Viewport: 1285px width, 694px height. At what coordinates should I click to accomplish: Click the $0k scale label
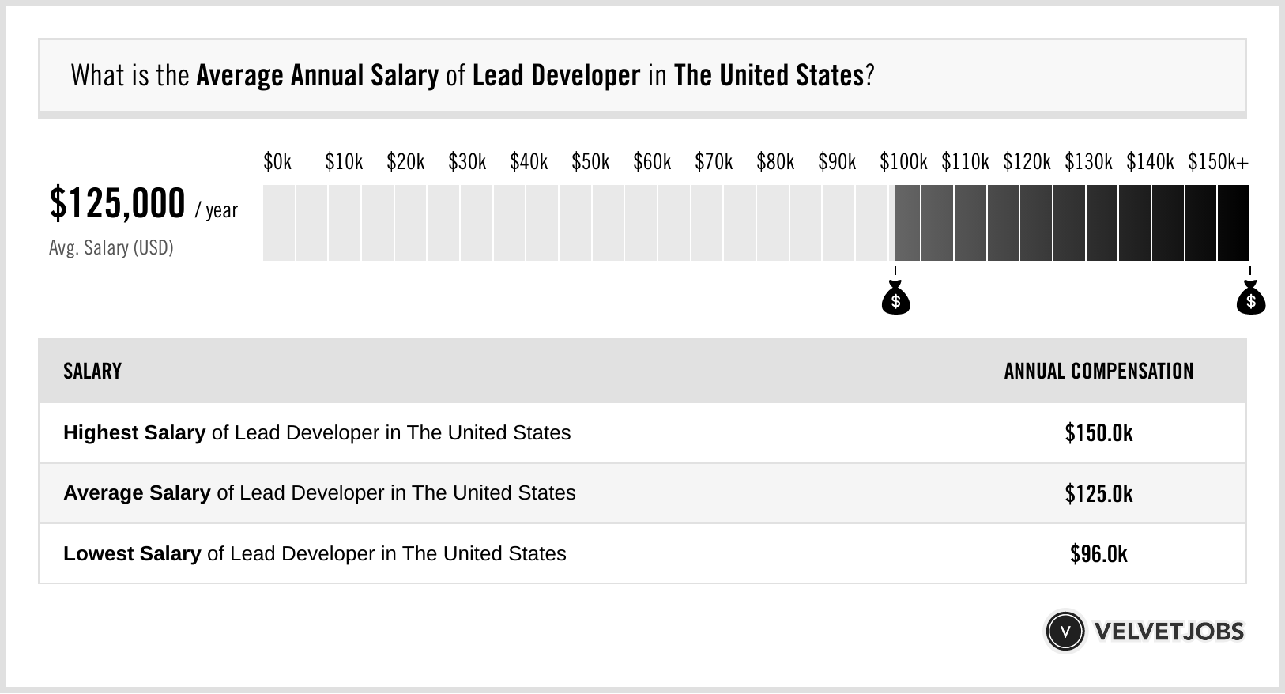pos(277,162)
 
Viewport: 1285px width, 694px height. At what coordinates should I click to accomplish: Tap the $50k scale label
pos(590,162)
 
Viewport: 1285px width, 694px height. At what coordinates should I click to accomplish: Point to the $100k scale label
pos(903,162)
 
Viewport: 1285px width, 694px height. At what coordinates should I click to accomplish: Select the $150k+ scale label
pos(1218,162)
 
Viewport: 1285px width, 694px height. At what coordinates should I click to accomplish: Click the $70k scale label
pos(714,162)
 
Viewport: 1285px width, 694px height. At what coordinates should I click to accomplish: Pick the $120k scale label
pos(1027,162)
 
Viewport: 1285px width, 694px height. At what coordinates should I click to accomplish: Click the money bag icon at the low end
pos(895,299)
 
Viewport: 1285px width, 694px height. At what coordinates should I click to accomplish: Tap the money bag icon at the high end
pos(1250,299)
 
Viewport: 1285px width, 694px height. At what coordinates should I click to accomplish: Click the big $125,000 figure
pos(117,203)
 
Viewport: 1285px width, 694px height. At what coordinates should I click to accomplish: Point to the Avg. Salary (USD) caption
pos(111,248)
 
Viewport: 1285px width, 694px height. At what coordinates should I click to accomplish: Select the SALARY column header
pos(92,371)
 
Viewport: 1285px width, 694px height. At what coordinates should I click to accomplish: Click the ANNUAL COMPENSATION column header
pos(1098,371)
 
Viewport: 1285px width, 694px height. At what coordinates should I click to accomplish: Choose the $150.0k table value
pos(1098,433)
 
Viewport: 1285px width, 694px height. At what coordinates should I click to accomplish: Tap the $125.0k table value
pos(1098,494)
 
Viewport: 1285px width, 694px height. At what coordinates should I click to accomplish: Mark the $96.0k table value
pos(1098,554)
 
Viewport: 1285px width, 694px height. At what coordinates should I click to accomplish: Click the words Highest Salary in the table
pos(134,433)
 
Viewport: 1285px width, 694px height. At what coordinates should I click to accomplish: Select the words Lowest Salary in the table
pos(132,554)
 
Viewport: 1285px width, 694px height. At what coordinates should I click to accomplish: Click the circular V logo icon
pos(1065,632)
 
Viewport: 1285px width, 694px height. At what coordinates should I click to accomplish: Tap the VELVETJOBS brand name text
pos(1169,632)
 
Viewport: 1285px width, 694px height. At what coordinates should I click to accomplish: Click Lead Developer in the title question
pos(556,76)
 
